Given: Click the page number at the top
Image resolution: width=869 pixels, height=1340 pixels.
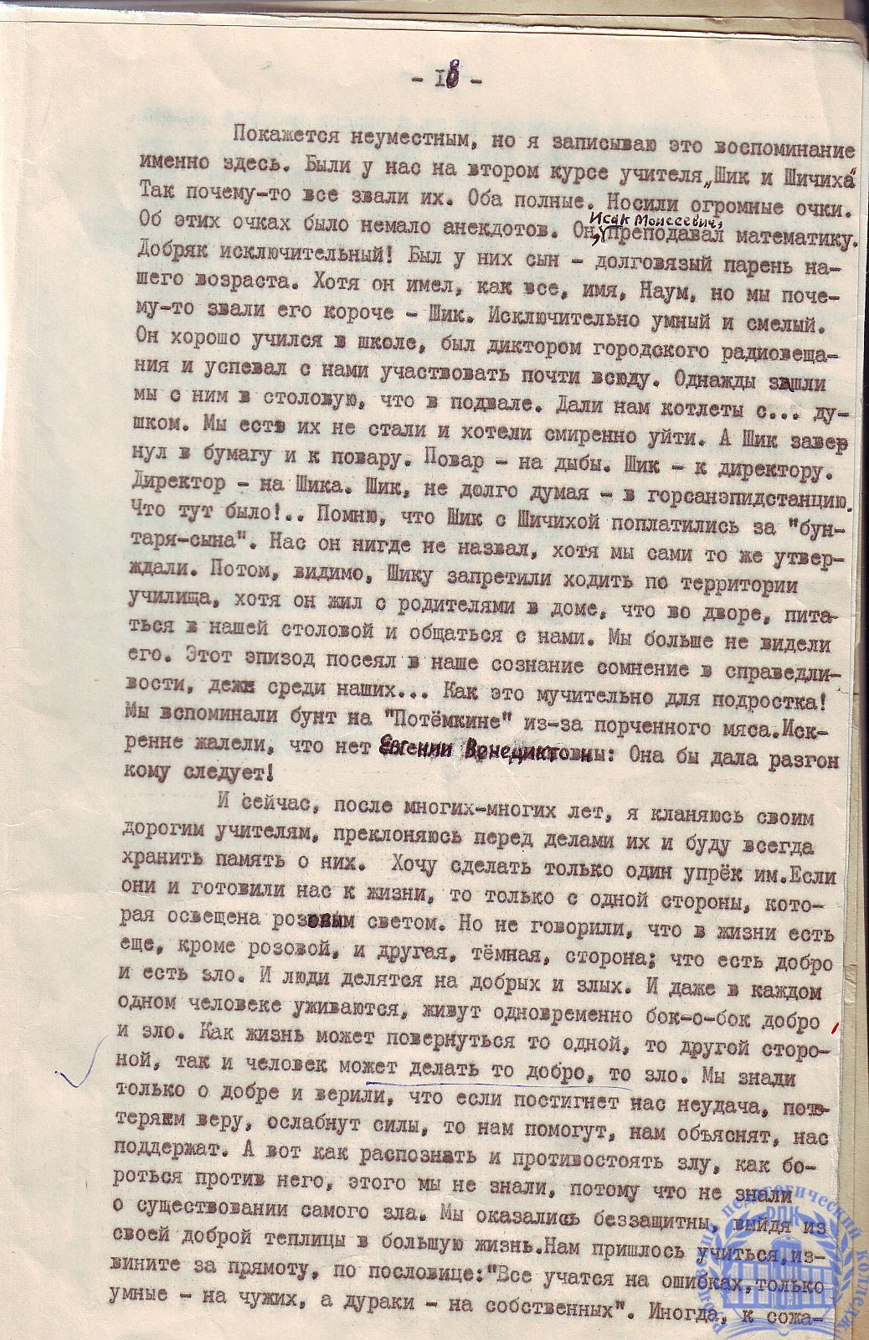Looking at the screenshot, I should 446,81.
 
